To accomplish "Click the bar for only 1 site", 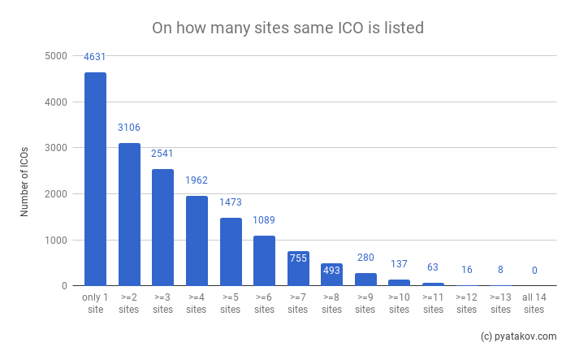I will click(95, 179).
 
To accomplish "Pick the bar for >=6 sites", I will click(264, 261).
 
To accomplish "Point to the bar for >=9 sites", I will click(365, 280).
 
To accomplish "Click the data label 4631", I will click(95, 57).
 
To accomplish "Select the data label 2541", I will click(162, 153).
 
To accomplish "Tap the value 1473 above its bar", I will click(230, 202).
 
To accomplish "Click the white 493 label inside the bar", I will click(331, 271).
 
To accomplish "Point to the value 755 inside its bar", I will click(298, 258).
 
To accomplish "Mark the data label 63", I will click(433, 267).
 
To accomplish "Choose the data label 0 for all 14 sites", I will click(534, 271).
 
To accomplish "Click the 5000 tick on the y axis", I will click(55, 56).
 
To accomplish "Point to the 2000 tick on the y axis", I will click(55, 194).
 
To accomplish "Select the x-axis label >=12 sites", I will click(467, 304).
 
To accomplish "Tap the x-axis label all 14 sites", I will click(534, 304).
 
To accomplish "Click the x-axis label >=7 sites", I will click(298, 304).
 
